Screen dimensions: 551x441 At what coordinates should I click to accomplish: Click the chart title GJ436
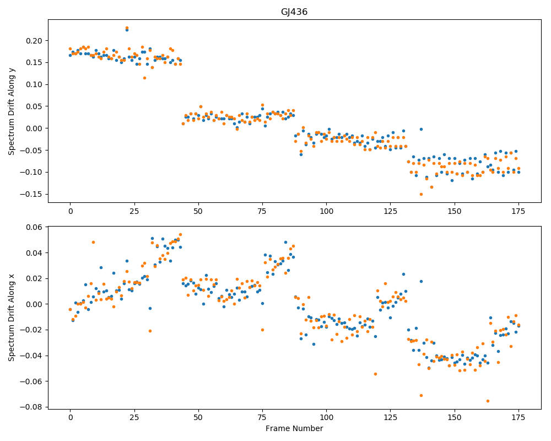(294, 12)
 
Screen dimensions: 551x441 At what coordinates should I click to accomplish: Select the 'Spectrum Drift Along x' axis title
(12, 317)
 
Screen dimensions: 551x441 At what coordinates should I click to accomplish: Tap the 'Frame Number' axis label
(294, 428)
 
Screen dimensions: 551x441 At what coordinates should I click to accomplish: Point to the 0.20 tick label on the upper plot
(34, 41)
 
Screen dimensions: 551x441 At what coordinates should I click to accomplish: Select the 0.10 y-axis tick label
(34, 85)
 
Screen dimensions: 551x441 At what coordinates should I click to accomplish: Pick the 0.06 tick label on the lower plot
(34, 227)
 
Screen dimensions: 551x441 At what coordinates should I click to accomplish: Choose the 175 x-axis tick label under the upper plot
(518, 211)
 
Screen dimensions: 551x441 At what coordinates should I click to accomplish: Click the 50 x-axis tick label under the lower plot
(198, 417)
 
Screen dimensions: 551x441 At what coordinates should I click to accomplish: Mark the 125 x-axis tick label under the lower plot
(391, 417)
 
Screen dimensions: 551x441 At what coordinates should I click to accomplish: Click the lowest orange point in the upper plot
(421, 195)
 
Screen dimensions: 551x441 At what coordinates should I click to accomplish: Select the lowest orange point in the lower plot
(488, 401)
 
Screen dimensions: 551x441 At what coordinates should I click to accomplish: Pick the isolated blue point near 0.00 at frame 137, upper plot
(421, 130)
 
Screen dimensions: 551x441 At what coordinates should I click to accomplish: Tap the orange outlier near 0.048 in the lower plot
(93, 243)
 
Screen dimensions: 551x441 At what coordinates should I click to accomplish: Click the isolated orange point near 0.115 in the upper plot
(144, 78)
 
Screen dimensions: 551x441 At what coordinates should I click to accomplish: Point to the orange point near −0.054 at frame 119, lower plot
(375, 374)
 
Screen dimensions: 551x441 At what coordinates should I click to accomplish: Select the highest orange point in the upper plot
(127, 28)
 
